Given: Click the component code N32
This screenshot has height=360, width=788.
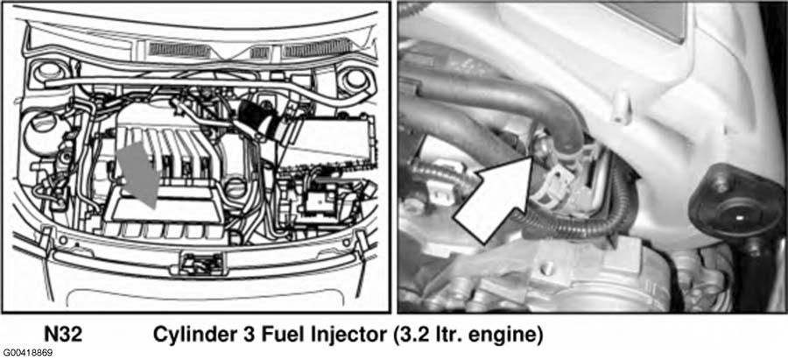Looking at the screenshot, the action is [63, 335].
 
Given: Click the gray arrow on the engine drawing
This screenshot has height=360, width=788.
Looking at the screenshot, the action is [138, 172].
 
